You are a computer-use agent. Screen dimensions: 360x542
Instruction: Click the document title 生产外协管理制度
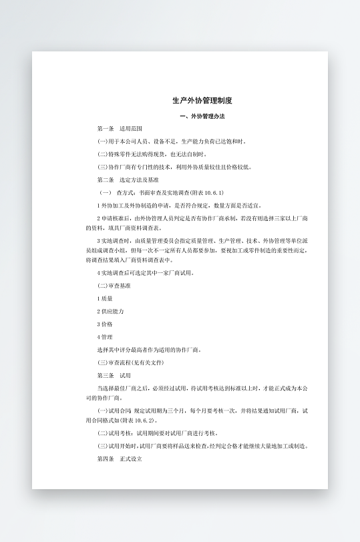(x=202, y=101)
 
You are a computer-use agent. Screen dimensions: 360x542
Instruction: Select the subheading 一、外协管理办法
(x=202, y=116)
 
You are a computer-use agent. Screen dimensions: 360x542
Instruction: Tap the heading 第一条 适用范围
(x=120, y=128)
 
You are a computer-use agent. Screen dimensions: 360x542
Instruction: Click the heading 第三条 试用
(x=114, y=375)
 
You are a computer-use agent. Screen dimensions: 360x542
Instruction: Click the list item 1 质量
(x=105, y=298)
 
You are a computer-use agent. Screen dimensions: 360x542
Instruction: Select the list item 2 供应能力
(x=110, y=311)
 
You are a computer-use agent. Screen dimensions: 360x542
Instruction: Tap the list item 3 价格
(x=105, y=324)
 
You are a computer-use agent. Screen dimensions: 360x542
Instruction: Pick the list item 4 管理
(x=105, y=337)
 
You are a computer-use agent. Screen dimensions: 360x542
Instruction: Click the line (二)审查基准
(x=114, y=286)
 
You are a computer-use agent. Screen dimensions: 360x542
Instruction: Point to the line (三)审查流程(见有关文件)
(x=130, y=362)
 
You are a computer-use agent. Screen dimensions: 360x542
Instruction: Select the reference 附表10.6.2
(x=136, y=421)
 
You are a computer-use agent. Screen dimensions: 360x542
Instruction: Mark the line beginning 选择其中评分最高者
(x=149, y=350)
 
